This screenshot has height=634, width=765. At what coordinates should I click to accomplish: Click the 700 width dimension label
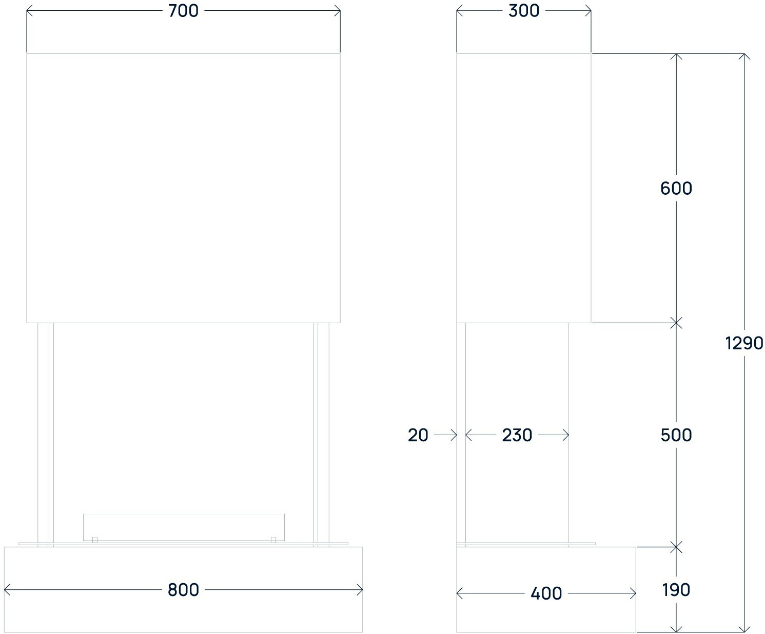click(183, 11)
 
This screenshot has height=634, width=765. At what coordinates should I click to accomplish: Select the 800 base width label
click(183, 590)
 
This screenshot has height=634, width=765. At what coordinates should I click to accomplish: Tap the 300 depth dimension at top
click(524, 11)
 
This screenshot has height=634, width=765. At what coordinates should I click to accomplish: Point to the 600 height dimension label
click(676, 189)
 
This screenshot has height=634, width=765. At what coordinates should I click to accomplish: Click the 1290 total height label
click(744, 343)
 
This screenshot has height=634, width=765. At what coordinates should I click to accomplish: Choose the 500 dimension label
click(676, 435)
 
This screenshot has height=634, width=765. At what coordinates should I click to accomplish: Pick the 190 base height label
click(676, 590)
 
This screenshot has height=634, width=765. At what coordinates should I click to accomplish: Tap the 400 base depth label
click(546, 593)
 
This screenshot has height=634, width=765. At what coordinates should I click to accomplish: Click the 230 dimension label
click(517, 435)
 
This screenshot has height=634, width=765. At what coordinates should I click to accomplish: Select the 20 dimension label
click(418, 435)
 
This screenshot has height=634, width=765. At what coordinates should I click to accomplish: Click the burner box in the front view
click(184, 527)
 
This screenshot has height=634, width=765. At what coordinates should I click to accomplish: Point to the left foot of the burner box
click(95, 539)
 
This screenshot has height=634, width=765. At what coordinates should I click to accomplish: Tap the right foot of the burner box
click(273, 539)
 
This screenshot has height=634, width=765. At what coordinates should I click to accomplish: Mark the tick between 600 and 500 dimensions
click(677, 323)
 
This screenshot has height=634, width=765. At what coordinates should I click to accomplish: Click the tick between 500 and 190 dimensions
click(677, 547)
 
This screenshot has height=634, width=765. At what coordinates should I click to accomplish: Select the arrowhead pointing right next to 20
click(454, 435)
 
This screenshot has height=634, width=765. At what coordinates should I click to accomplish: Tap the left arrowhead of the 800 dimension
click(7, 590)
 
